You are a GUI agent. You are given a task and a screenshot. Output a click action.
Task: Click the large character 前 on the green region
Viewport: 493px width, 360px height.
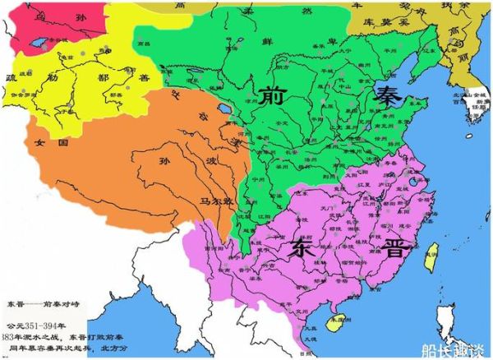click(272, 96)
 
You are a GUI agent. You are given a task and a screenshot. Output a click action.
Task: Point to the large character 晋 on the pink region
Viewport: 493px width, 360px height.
click(394, 249)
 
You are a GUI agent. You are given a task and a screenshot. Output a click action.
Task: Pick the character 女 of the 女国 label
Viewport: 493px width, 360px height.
click(39, 141)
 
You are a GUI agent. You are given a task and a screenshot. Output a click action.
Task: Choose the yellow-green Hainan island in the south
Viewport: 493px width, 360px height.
click(334, 325)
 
